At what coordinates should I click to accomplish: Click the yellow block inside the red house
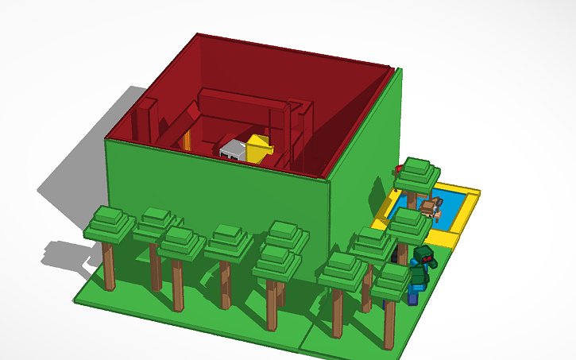(x=260, y=148)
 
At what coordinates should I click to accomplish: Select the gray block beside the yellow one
(x=234, y=149)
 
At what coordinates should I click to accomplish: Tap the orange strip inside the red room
(x=187, y=141)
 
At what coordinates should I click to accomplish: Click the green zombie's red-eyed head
(x=424, y=256)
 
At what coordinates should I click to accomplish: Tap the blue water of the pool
(x=452, y=213)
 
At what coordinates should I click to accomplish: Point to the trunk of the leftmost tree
(x=108, y=265)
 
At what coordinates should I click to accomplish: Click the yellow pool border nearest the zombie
(x=442, y=238)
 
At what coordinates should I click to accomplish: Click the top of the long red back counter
(x=238, y=95)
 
